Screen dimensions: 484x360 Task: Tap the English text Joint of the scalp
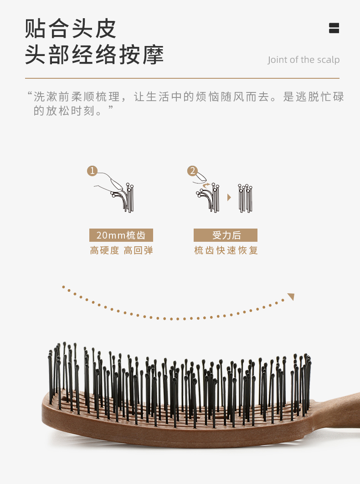tap(303, 60)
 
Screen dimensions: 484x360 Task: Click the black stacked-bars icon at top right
tap(334, 28)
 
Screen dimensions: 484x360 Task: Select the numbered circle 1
tap(93, 171)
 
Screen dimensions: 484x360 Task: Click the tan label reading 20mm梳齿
tap(121, 235)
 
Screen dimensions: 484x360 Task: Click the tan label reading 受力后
tap(226, 235)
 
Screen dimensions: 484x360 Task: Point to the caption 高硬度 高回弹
tap(121, 250)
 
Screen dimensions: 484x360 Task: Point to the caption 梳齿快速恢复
tap(226, 250)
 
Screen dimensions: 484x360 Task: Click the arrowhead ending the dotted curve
tap(291, 297)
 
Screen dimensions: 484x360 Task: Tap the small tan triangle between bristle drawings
tap(229, 197)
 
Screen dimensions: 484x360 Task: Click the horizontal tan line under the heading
tap(182, 78)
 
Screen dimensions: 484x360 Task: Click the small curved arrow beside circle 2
tap(207, 184)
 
